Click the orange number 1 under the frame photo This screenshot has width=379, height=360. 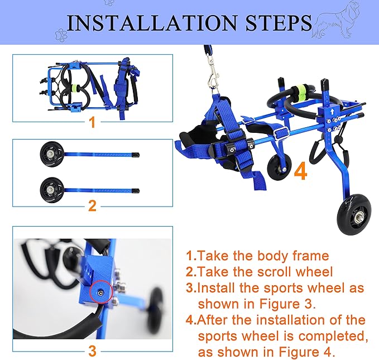[x=92, y=122]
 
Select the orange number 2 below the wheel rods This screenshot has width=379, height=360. [x=92, y=206]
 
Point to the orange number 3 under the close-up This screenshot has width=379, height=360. [x=92, y=351]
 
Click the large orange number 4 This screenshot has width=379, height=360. [x=300, y=170]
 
